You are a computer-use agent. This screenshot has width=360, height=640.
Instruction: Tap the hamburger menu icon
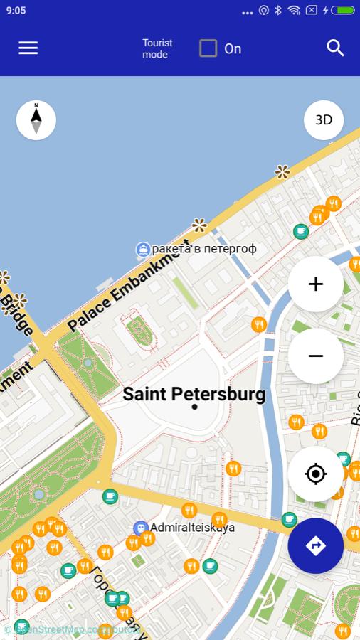click(x=28, y=48)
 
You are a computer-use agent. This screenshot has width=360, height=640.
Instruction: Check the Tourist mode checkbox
click(x=208, y=48)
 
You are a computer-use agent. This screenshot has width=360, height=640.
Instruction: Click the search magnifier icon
click(x=335, y=48)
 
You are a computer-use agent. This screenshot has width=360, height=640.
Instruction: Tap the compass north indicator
click(x=36, y=119)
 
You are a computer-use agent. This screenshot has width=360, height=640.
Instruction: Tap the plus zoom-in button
click(x=315, y=284)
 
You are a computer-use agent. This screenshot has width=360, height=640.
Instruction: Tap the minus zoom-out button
click(x=315, y=356)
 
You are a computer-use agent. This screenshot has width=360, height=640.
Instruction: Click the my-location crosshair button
click(x=315, y=474)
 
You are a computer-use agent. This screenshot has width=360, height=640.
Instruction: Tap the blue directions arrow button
click(x=315, y=545)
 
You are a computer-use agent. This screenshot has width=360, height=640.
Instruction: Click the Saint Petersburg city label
click(x=194, y=393)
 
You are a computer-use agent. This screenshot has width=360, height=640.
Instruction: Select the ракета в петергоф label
click(x=204, y=249)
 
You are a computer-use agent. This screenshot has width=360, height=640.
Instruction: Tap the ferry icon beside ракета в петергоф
click(x=143, y=249)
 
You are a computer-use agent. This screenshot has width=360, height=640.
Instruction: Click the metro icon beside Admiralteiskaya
click(x=140, y=528)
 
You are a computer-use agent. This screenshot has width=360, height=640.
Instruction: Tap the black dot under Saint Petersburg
click(x=194, y=407)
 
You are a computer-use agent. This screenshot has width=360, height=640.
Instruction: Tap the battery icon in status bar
click(x=343, y=11)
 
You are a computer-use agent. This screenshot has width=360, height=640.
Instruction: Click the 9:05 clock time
click(x=16, y=11)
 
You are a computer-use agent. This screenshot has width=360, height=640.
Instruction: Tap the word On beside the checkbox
click(x=233, y=48)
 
